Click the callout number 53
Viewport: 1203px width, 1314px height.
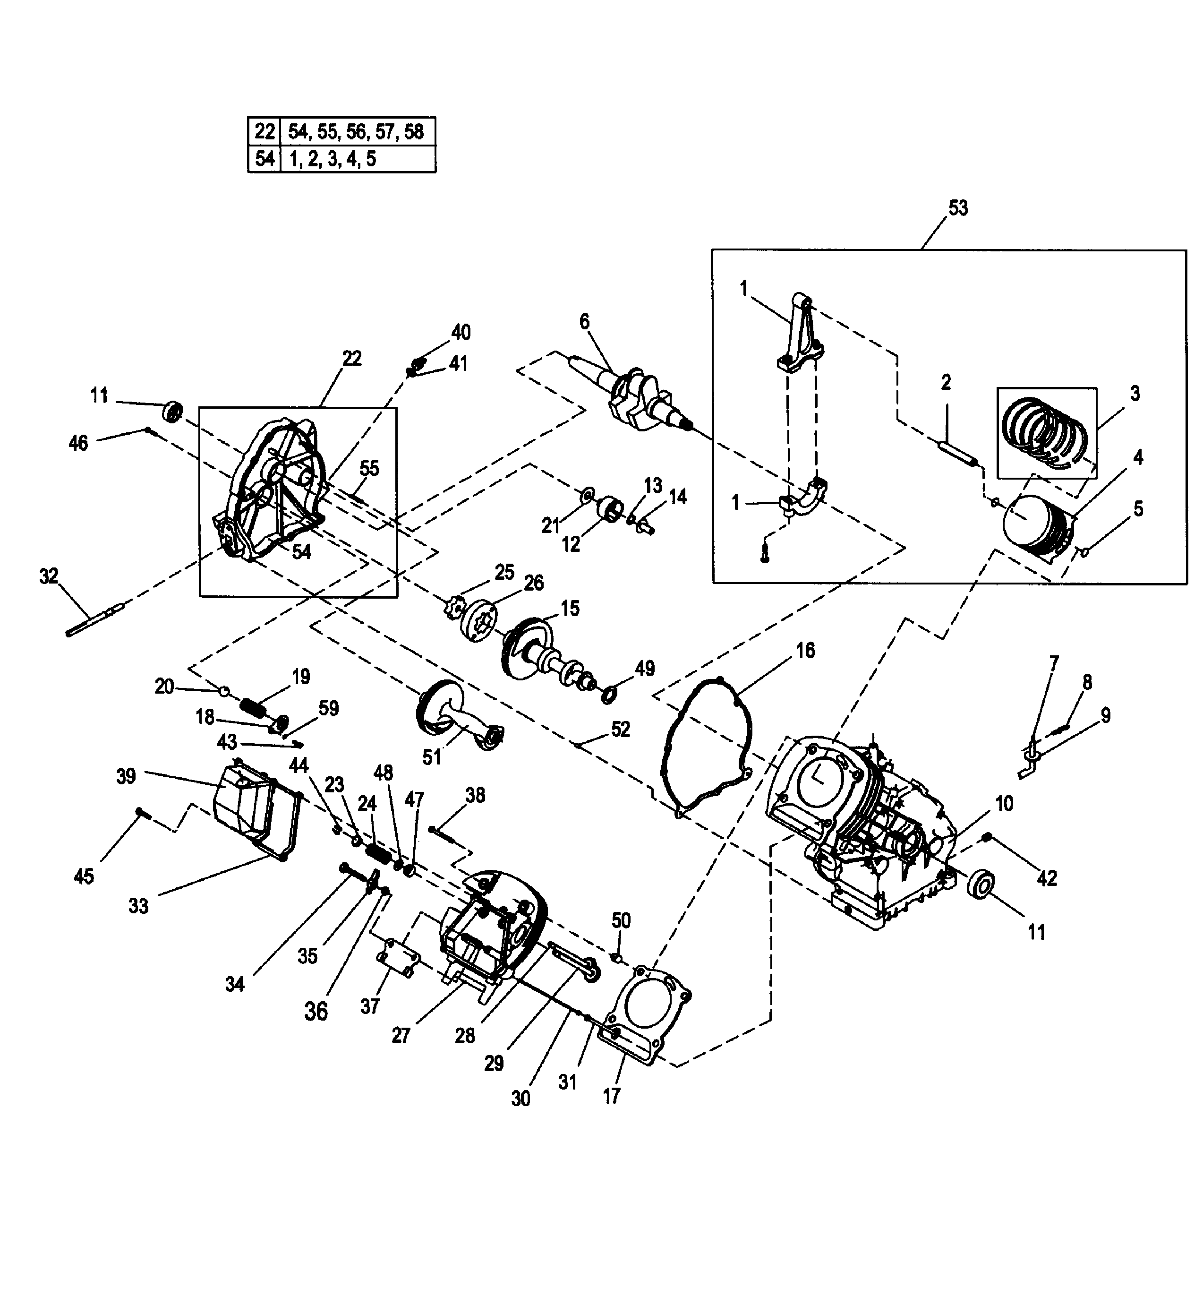pyautogui.click(x=958, y=208)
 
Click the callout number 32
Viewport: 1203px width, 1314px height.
pyautogui.click(x=49, y=576)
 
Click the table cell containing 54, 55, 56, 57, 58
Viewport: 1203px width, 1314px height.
pyautogui.click(x=357, y=132)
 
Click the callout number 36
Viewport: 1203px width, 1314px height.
pyautogui.click(x=316, y=1011)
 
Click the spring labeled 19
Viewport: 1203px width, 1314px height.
pyautogui.click(x=254, y=706)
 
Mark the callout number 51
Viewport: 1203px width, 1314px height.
pyautogui.click(x=431, y=757)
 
